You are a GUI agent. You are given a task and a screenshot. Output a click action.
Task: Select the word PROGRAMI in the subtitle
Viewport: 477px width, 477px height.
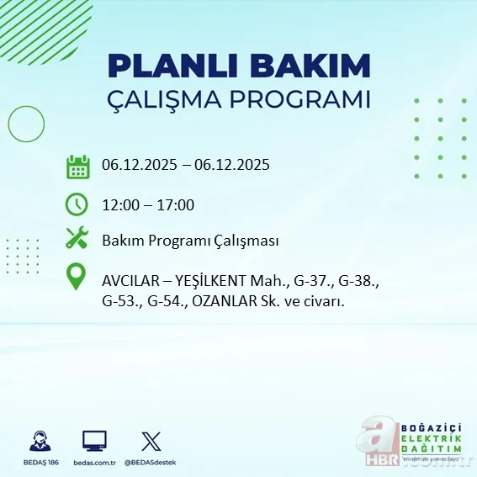[306, 99]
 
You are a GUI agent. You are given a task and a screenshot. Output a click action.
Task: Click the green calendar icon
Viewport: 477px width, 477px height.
[77, 166]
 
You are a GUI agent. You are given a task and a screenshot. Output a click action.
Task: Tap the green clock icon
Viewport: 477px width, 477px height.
[77, 204]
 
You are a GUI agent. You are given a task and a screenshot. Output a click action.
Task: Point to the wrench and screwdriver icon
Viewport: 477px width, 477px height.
[77, 239]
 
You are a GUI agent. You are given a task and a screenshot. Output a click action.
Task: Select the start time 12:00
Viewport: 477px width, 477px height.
[119, 204]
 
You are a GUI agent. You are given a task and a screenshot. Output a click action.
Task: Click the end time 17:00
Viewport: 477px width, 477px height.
[176, 204]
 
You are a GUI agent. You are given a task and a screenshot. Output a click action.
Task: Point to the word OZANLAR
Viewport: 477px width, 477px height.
[244, 300]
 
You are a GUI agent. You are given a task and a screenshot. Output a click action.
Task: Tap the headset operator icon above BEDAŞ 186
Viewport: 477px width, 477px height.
[40, 441]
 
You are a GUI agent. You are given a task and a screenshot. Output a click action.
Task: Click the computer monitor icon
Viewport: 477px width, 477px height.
[94, 441]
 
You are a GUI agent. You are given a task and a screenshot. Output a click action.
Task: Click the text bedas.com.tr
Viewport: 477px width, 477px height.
[94, 462]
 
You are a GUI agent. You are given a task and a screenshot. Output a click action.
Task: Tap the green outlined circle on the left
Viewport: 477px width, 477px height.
[26, 125]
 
